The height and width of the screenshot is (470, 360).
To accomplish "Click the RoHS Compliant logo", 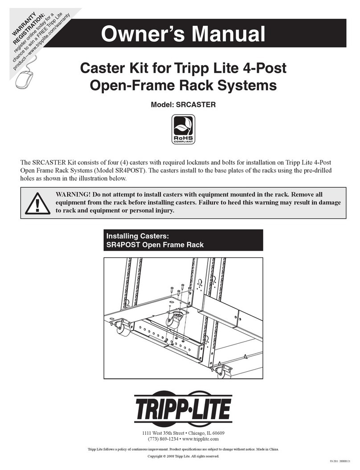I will [x=183, y=129].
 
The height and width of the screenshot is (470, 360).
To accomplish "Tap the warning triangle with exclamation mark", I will [x=37, y=203].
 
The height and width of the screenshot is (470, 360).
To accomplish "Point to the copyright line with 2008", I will [x=183, y=456].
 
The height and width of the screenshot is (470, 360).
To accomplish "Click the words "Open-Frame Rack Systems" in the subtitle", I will [x=183, y=85].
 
